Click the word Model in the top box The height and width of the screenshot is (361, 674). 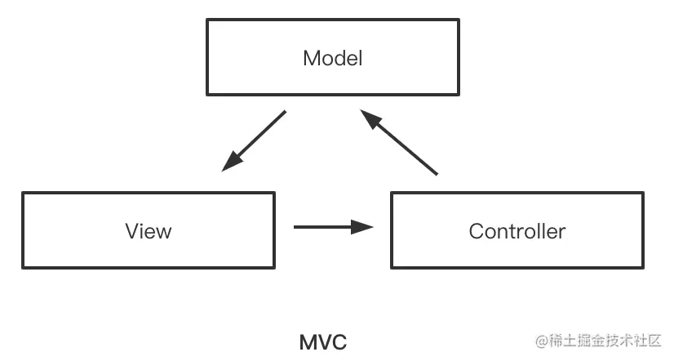332,59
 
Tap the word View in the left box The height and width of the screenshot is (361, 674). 149,231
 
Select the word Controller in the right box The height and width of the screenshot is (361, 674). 517,231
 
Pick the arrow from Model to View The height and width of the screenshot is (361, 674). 255,140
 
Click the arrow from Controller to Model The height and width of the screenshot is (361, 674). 400,142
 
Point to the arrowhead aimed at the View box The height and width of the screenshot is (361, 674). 231,162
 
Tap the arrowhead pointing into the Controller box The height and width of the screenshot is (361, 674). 363,226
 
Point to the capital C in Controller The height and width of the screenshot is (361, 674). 476,231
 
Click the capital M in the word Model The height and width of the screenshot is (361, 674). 309,59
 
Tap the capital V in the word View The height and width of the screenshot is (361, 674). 131,231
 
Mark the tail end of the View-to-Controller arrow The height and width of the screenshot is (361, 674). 295,226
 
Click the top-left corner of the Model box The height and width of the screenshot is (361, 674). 207,20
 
